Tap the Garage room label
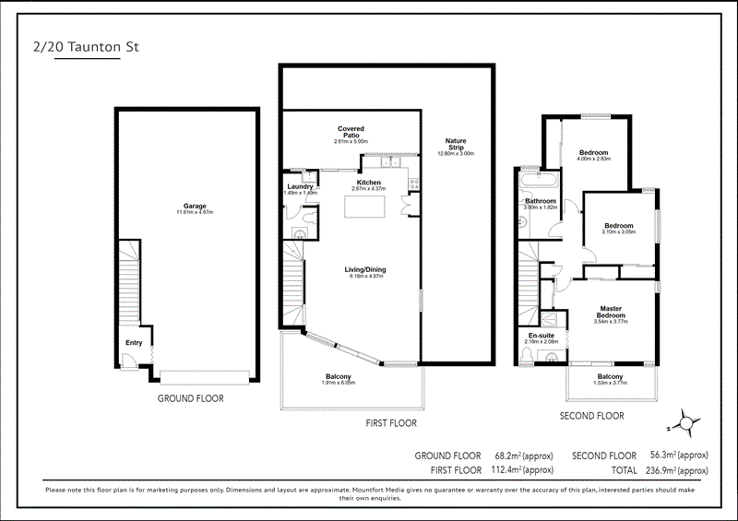coord(194,206)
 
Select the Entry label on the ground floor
coord(135,343)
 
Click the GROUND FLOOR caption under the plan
coord(190,398)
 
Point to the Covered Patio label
coord(351,132)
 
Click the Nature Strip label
coord(455,145)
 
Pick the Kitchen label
coord(369,184)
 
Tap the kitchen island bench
coord(366,207)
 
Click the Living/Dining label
coord(365,269)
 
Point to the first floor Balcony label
coord(339,376)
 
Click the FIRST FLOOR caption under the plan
coord(385,423)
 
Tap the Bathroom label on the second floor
coord(541,201)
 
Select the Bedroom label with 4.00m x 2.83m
coord(593,152)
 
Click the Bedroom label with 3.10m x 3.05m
coord(618,226)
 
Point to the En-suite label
coord(540,336)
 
